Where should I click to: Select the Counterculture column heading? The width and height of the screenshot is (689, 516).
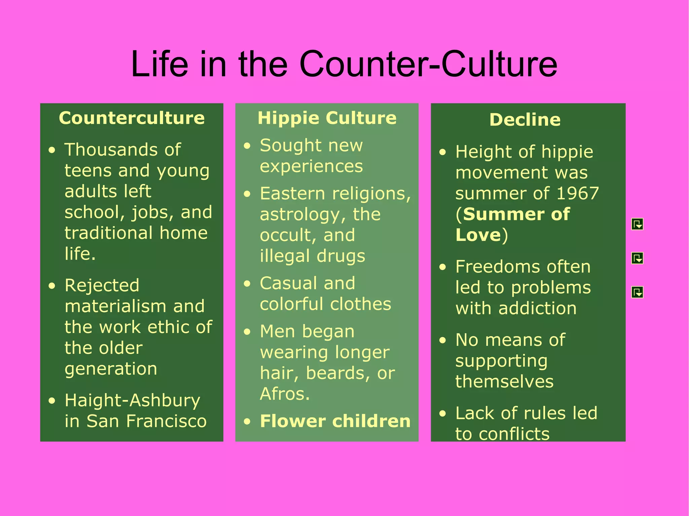tap(132, 118)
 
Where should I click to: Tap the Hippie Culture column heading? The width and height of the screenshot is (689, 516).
tap(327, 118)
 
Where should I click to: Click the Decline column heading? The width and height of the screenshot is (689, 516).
tap(525, 120)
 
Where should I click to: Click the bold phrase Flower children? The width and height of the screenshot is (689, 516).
tap(335, 421)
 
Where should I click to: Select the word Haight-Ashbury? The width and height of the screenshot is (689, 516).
tap(132, 400)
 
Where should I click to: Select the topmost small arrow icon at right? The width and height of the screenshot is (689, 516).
tap(637, 224)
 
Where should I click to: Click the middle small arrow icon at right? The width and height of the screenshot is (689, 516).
tap(637, 258)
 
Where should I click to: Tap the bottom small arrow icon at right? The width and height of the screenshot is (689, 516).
tap(637, 292)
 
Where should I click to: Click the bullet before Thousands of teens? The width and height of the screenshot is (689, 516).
tap(51, 150)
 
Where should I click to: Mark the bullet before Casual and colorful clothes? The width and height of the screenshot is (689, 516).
tap(247, 283)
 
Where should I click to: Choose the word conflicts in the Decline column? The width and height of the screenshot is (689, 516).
tap(514, 434)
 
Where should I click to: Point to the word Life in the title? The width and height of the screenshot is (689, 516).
tap(159, 64)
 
